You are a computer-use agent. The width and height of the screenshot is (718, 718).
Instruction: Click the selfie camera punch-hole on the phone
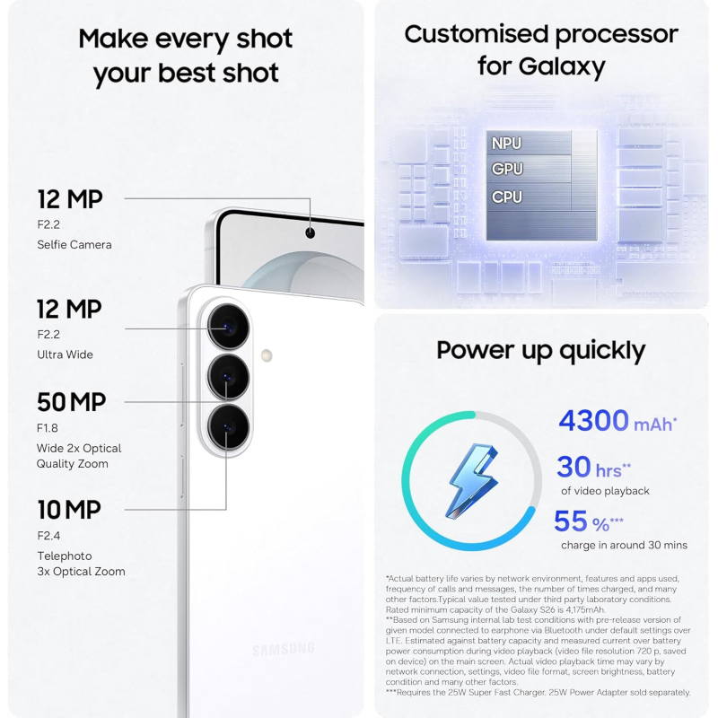point(311,233)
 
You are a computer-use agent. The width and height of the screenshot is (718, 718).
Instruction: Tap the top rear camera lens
point(229,327)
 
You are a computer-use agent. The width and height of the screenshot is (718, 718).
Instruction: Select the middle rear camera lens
point(229,377)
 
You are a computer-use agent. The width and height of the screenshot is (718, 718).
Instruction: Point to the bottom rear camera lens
point(229,427)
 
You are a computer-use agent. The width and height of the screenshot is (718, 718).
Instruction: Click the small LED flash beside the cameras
point(267,355)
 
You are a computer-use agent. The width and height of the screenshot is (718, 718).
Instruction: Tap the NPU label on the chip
point(506,144)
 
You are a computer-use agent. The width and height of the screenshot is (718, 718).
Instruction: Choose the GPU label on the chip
point(506,170)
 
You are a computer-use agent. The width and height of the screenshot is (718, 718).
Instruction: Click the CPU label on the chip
point(506,197)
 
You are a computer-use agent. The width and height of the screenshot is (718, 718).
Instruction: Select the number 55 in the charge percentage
point(570,521)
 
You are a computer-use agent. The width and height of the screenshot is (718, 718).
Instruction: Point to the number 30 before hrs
point(574,468)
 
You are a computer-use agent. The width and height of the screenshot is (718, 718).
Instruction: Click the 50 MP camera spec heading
point(71,402)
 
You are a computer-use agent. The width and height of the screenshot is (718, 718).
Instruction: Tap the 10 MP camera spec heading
point(68,510)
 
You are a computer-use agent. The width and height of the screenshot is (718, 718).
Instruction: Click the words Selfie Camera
point(74,244)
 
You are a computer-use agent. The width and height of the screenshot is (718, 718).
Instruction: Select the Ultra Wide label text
point(65,355)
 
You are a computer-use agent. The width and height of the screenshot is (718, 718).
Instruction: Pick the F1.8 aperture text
point(48,427)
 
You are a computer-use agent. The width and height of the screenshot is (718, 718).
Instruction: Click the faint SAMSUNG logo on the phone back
point(284,649)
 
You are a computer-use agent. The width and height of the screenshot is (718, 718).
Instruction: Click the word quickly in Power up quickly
point(600,351)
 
